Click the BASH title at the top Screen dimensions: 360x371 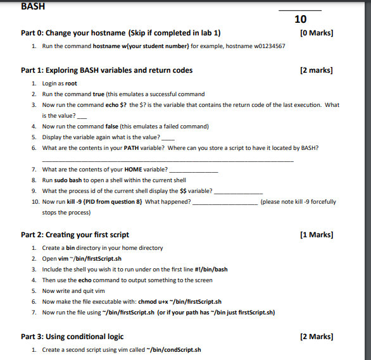tap(33, 7)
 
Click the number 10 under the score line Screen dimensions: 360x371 tap(300, 20)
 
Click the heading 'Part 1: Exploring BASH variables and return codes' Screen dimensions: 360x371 tap(106, 70)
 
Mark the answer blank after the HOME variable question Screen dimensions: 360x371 tap(194, 171)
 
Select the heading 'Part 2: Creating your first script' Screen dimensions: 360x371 tap(75, 235)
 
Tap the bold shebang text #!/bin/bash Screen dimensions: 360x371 tap(211, 270)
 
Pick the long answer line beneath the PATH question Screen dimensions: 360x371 tap(168, 161)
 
